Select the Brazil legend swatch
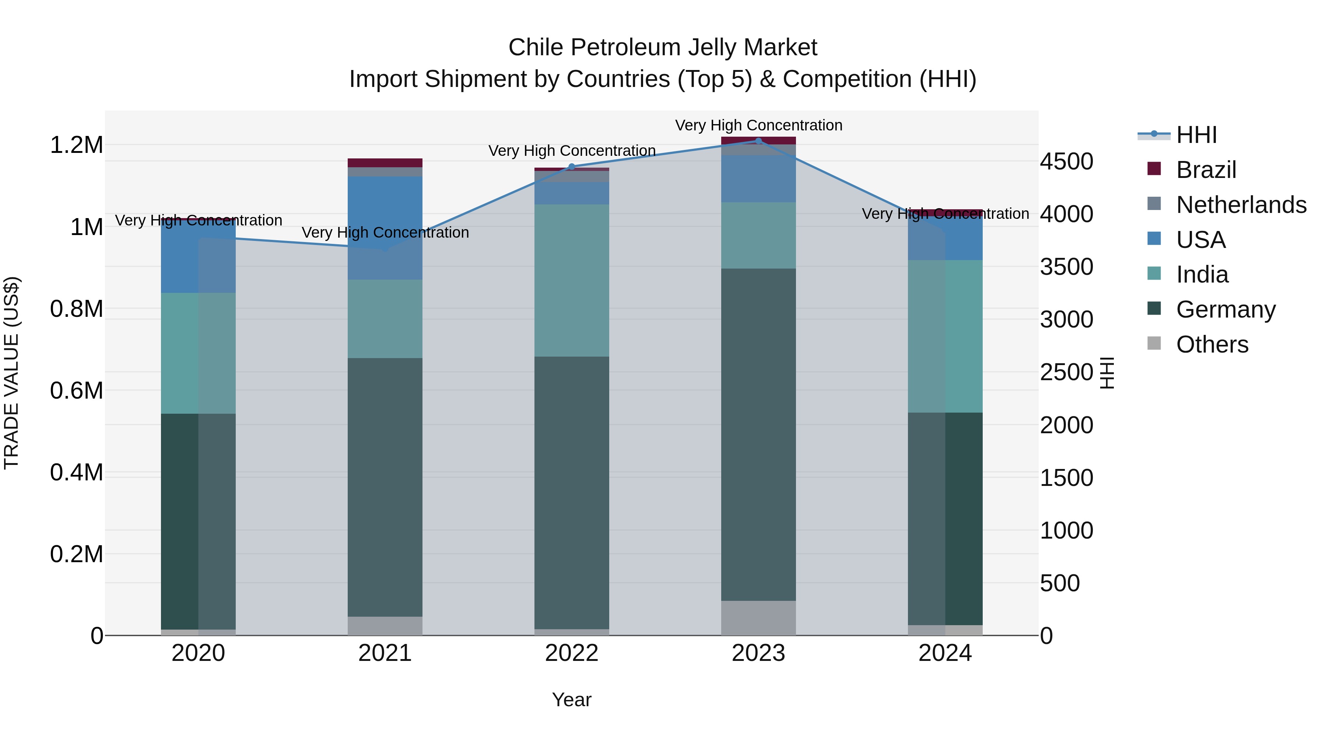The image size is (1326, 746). tap(1154, 169)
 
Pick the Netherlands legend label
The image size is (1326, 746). tap(1241, 205)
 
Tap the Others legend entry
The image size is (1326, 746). tap(1212, 344)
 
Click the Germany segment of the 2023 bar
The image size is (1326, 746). tap(758, 434)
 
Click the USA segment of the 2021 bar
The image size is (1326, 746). tap(385, 228)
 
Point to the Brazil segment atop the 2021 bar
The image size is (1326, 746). tap(385, 163)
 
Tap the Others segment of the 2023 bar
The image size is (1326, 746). tap(758, 617)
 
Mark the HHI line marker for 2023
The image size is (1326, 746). tap(758, 141)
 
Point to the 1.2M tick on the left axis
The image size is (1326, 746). tap(76, 145)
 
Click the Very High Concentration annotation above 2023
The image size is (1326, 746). tap(758, 125)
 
